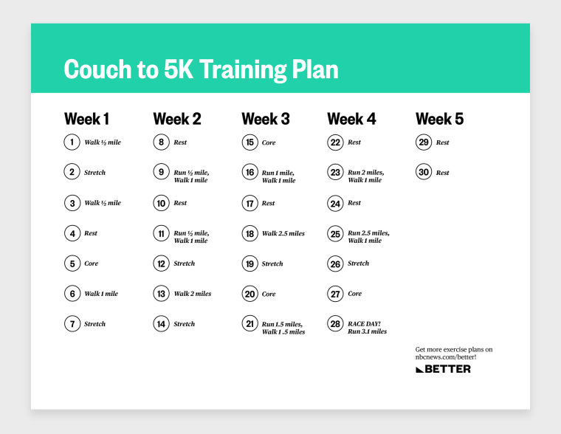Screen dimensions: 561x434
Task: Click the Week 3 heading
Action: point(266,119)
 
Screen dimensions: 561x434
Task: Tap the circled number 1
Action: point(72,142)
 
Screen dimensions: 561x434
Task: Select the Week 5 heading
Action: point(439,119)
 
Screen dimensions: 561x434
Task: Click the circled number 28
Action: point(335,324)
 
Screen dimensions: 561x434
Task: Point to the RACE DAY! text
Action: point(364,324)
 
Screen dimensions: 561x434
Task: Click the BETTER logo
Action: point(444,369)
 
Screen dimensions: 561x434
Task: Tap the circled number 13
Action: point(161,294)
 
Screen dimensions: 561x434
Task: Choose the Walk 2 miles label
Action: point(193,294)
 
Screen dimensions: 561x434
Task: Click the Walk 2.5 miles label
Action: point(283,234)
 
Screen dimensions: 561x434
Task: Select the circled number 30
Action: point(424,172)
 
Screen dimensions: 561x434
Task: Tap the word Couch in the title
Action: point(97,69)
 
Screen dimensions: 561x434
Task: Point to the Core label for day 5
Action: point(92,263)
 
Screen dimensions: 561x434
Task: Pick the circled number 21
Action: point(249,324)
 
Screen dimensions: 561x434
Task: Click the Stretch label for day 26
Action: point(358,263)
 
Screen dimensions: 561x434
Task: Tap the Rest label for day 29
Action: point(442,142)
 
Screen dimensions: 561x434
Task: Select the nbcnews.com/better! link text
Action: point(446,357)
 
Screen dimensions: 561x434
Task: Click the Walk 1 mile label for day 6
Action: point(101,294)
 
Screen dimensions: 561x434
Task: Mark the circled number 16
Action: point(249,172)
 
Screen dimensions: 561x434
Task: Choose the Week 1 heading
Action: point(86,119)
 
